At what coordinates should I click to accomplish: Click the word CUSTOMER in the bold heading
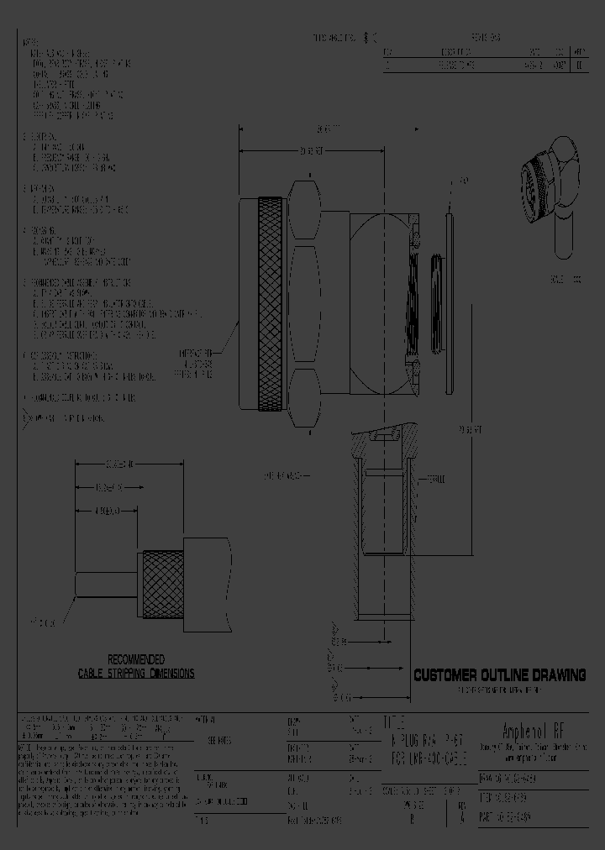tap(447, 675)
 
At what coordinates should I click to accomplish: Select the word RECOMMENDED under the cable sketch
tap(136, 660)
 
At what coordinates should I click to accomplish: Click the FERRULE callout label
tap(437, 478)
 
